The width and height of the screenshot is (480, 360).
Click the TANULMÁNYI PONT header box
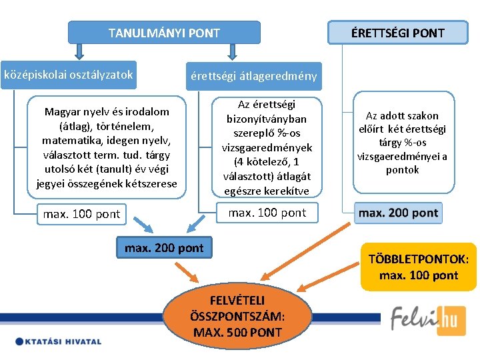(x=164, y=32)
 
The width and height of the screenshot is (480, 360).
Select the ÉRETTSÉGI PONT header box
(x=398, y=32)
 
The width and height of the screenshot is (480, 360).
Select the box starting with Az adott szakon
(x=402, y=143)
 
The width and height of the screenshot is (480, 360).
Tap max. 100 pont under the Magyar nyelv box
(x=81, y=214)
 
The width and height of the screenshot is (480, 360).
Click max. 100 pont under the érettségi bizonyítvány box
(x=267, y=213)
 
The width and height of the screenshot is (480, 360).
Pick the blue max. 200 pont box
(x=164, y=248)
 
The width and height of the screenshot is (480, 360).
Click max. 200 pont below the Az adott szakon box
(x=398, y=213)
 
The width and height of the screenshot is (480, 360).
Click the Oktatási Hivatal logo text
(x=59, y=342)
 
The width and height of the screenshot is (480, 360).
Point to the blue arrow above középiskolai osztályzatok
(x=79, y=50)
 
